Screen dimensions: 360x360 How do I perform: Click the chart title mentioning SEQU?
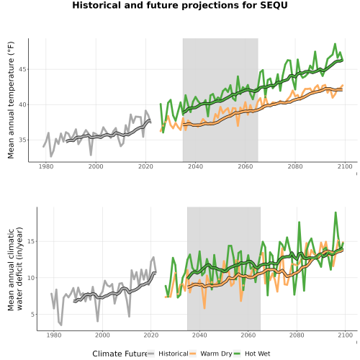point(180,5)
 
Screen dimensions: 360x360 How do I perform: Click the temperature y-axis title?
point(11,100)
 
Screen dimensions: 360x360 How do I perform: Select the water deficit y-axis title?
point(15,269)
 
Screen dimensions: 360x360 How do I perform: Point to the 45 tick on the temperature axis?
point(22,70)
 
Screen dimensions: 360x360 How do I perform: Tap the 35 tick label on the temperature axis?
point(22,140)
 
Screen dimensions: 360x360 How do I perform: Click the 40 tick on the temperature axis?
point(22,105)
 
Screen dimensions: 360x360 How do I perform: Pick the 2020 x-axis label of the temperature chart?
point(145,166)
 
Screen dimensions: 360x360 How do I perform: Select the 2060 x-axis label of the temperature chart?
point(246,166)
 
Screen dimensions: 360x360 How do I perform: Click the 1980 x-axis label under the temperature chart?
point(46,166)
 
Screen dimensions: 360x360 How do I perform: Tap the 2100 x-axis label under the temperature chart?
point(345,166)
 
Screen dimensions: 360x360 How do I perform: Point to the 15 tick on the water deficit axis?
point(31,241)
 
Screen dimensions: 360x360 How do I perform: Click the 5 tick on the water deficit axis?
point(32,315)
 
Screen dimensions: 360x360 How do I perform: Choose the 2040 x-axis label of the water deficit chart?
point(199,335)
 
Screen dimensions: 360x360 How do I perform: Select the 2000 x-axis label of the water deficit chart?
point(103,335)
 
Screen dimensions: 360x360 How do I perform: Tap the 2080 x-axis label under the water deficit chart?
point(297,335)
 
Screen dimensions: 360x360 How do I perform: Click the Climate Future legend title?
point(120,354)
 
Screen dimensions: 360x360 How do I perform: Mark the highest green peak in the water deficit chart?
point(336,212)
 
